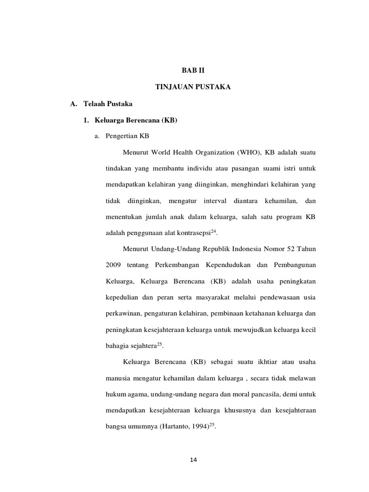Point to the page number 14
tap(194, 460)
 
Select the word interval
tap(220, 201)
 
